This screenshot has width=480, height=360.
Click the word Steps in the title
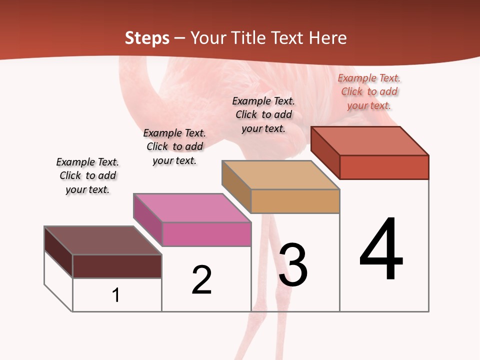tap(147, 38)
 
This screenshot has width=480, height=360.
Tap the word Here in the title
tap(327, 38)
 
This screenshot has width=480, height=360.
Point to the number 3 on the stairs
tap(293, 265)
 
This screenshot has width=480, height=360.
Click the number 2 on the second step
tap(202, 279)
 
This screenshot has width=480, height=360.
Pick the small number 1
tap(116, 295)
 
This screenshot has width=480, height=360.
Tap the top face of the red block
tap(370, 141)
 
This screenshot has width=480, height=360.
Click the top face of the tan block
tap(281, 175)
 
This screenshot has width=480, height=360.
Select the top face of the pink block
tap(192, 208)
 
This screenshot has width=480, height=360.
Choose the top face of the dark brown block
tap(103, 240)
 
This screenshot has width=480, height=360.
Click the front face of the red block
tap(384, 167)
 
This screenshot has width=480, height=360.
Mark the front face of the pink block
tap(206, 234)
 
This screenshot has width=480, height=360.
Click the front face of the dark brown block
tap(117, 266)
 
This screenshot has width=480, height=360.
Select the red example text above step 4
tap(369, 91)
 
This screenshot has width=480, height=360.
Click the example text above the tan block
tap(263, 114)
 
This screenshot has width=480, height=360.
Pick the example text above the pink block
tap(174, 146)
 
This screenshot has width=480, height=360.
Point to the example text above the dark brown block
tap(87, 175)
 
